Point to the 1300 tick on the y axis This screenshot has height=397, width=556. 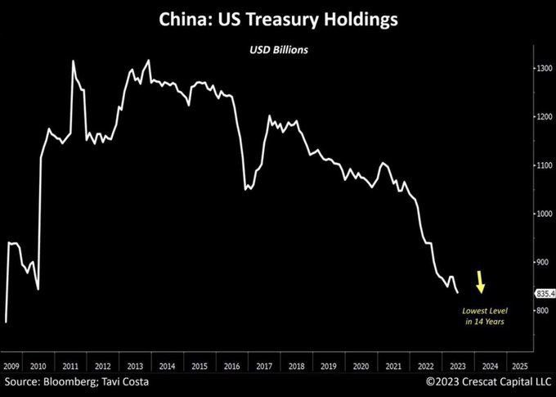tap(544, 69)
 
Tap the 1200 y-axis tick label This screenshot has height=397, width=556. tap(544, 117)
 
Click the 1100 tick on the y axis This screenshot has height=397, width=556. tap(544, 165)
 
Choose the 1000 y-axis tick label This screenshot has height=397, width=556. tap(544, 214)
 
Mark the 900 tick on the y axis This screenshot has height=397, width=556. tap(544, 262)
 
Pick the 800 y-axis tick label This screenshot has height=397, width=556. tap(544, 311)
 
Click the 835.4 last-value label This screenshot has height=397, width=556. tap(545, 293)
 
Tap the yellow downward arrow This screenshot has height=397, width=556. tap(481, 284)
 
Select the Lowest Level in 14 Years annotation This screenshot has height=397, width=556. tap(485, 317)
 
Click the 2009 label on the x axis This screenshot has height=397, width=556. tap(12, 366)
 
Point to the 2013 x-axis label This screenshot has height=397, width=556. tap(136, 366)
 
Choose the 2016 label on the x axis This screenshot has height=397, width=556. tap(231, 366)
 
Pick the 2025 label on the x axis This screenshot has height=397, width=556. tap(518, 366)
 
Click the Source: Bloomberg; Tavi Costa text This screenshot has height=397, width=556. tap(78, 382)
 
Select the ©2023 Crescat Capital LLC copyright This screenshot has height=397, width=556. tap(488, 382)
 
